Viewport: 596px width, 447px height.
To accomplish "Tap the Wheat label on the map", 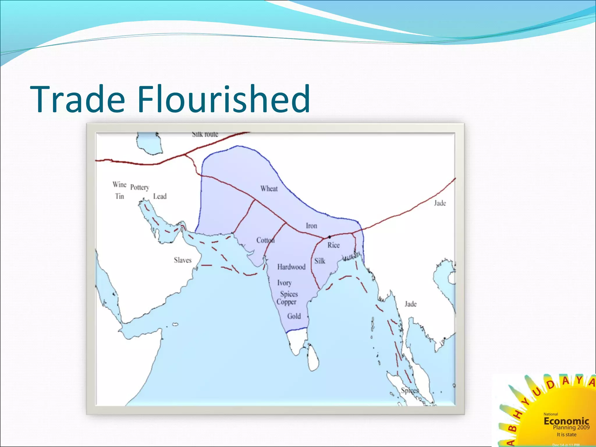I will (x=269, y=189).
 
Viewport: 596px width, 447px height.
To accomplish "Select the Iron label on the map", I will (x=311, y=226).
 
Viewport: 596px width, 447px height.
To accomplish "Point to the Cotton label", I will (x=265, y=240).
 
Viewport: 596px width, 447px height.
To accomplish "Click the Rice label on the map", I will (x=334, y=245).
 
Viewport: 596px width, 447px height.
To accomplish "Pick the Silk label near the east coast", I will (x=320, y=261).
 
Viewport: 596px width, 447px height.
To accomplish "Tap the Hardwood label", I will (x=291, y=267).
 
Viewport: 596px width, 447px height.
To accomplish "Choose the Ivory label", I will (x=284, y=283).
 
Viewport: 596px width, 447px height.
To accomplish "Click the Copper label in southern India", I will (x=286, y=302).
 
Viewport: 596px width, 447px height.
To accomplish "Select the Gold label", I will (x=294, y=316).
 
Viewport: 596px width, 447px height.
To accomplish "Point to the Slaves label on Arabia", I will (x=183, y=260).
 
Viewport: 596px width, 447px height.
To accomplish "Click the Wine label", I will (x=119, y=185).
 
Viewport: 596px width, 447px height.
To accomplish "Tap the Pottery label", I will (x=140, y=187).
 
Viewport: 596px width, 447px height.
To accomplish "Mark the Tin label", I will (x=119, y=196).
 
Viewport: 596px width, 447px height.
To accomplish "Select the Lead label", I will (x=160, y=196).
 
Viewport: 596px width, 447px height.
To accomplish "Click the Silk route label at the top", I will (x=205, y=134).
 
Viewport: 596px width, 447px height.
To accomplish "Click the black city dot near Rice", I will (x=329, y=237).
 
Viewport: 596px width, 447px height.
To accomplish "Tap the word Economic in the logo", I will (x=566, y=421).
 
